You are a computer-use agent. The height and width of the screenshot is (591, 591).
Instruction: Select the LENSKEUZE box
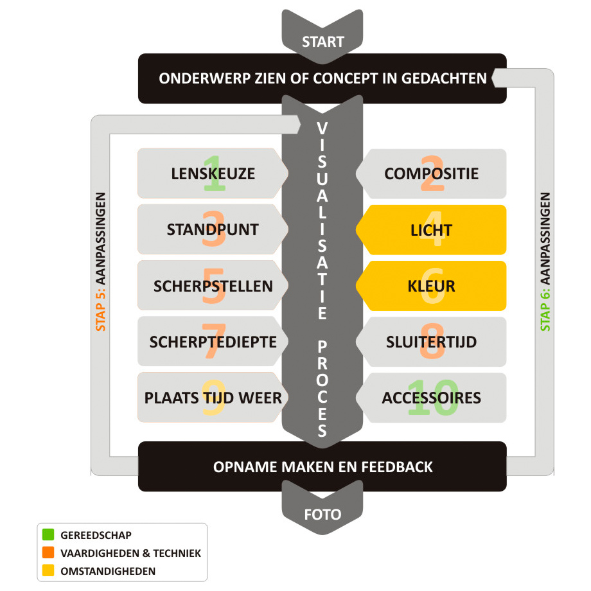coord(213,173)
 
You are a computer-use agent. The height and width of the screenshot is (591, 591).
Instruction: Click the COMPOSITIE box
coord(431,173)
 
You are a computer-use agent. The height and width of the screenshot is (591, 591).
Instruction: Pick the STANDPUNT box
coord(213,229)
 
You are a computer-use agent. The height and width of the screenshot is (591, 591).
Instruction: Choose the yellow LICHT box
coord(431,229)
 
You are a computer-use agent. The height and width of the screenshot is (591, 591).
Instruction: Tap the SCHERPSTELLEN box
coord(213,286)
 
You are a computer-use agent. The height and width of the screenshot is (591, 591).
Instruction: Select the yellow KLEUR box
coord(431,286)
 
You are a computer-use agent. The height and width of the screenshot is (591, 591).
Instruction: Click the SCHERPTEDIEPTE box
coord(213,342)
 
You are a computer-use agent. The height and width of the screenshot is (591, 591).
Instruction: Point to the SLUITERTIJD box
coord(431,342)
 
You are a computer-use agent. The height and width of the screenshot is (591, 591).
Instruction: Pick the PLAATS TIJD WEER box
coord(213,398)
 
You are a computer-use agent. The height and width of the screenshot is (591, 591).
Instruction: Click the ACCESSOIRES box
coord(431,398)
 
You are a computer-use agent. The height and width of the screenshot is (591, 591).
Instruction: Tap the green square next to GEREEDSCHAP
coord(48,534)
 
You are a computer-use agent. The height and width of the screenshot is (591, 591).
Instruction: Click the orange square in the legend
coord(48,552)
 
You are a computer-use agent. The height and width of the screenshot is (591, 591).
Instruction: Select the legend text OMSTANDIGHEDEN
coord(108,570)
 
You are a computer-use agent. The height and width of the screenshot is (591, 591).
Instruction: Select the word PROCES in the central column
coord(322,389)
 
